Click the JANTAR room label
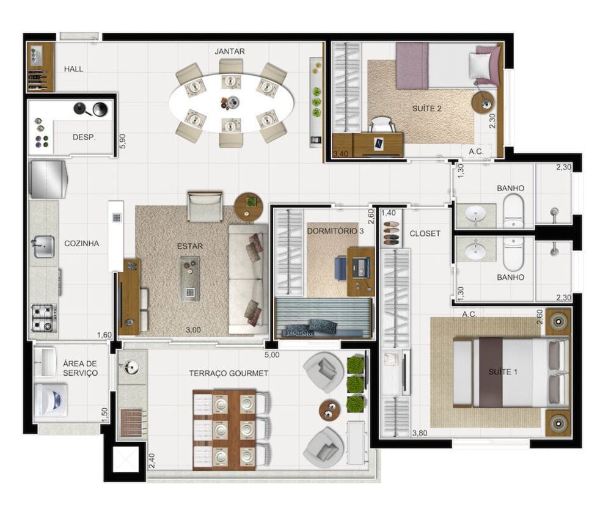230,51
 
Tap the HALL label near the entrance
74,69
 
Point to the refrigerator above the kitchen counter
48,178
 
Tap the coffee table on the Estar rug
189,278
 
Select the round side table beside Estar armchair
248,206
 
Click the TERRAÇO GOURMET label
229,373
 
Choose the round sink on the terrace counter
131,367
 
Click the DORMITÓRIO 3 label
335,231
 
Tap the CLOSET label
425,233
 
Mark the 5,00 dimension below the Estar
271,354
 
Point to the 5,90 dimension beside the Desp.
122,142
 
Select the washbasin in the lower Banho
475,250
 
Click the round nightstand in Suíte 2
485,102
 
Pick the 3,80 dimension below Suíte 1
419,433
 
